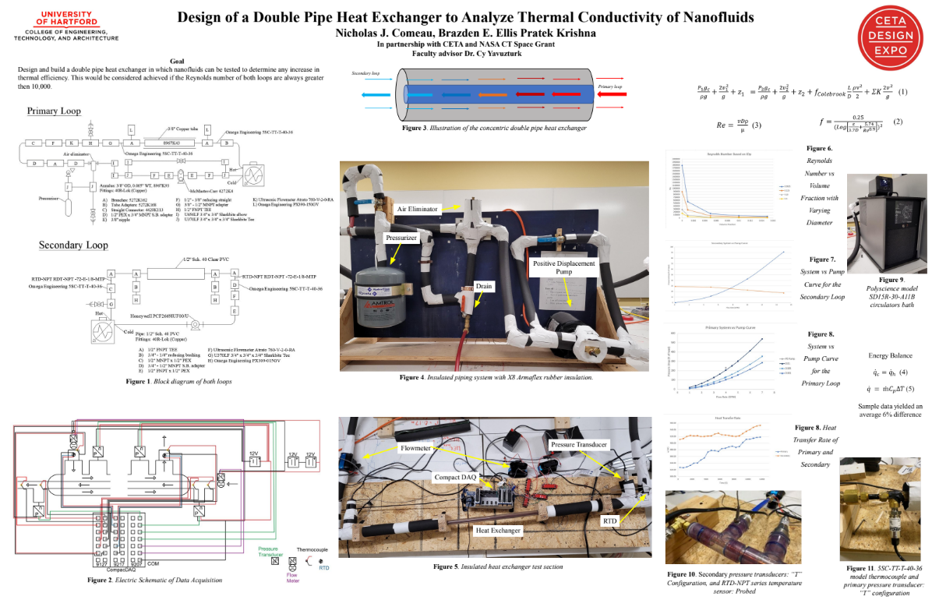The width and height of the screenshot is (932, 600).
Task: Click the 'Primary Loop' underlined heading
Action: [x=54, y=111]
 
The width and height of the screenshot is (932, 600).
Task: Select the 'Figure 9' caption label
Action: [x=891, y=279]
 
